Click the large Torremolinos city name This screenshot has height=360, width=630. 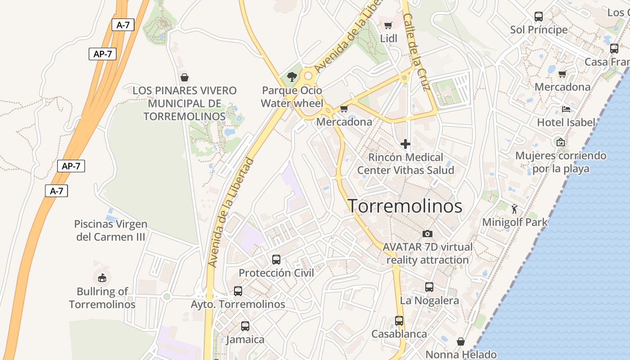[x=405, y=206]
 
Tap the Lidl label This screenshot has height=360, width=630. [x=389, y=39]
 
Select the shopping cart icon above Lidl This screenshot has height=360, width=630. [x=388, y=25]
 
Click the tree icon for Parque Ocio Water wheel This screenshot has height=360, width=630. [x=292, y=76]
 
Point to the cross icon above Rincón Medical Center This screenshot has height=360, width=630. [x=405, y=144]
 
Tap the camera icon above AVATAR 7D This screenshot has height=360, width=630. [x=427, y=233]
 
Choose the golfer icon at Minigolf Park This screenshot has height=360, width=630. [x=515, y=208]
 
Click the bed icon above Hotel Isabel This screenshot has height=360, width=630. [x=566, y=109]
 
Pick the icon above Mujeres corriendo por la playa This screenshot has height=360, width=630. [x=561, y=142]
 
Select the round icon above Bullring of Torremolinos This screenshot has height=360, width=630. [x=102, y=277]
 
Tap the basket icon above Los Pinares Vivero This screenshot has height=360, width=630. [x=184, y=77]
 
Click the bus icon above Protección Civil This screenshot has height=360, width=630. [x=276, y=259]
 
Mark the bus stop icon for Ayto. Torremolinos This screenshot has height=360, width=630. [x=238, y=291]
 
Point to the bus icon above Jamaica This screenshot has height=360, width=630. [x=245, y=326]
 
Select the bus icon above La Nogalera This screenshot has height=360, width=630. [x=429, y=287]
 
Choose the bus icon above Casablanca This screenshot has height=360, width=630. [x=399, y=320]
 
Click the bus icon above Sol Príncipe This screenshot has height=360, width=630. [x=539, y=17]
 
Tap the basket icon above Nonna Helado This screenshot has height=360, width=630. [x=460, y=342]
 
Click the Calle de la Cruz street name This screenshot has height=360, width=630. [x=417, y=51]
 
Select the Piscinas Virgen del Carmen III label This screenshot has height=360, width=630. [x=111, y=230]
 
